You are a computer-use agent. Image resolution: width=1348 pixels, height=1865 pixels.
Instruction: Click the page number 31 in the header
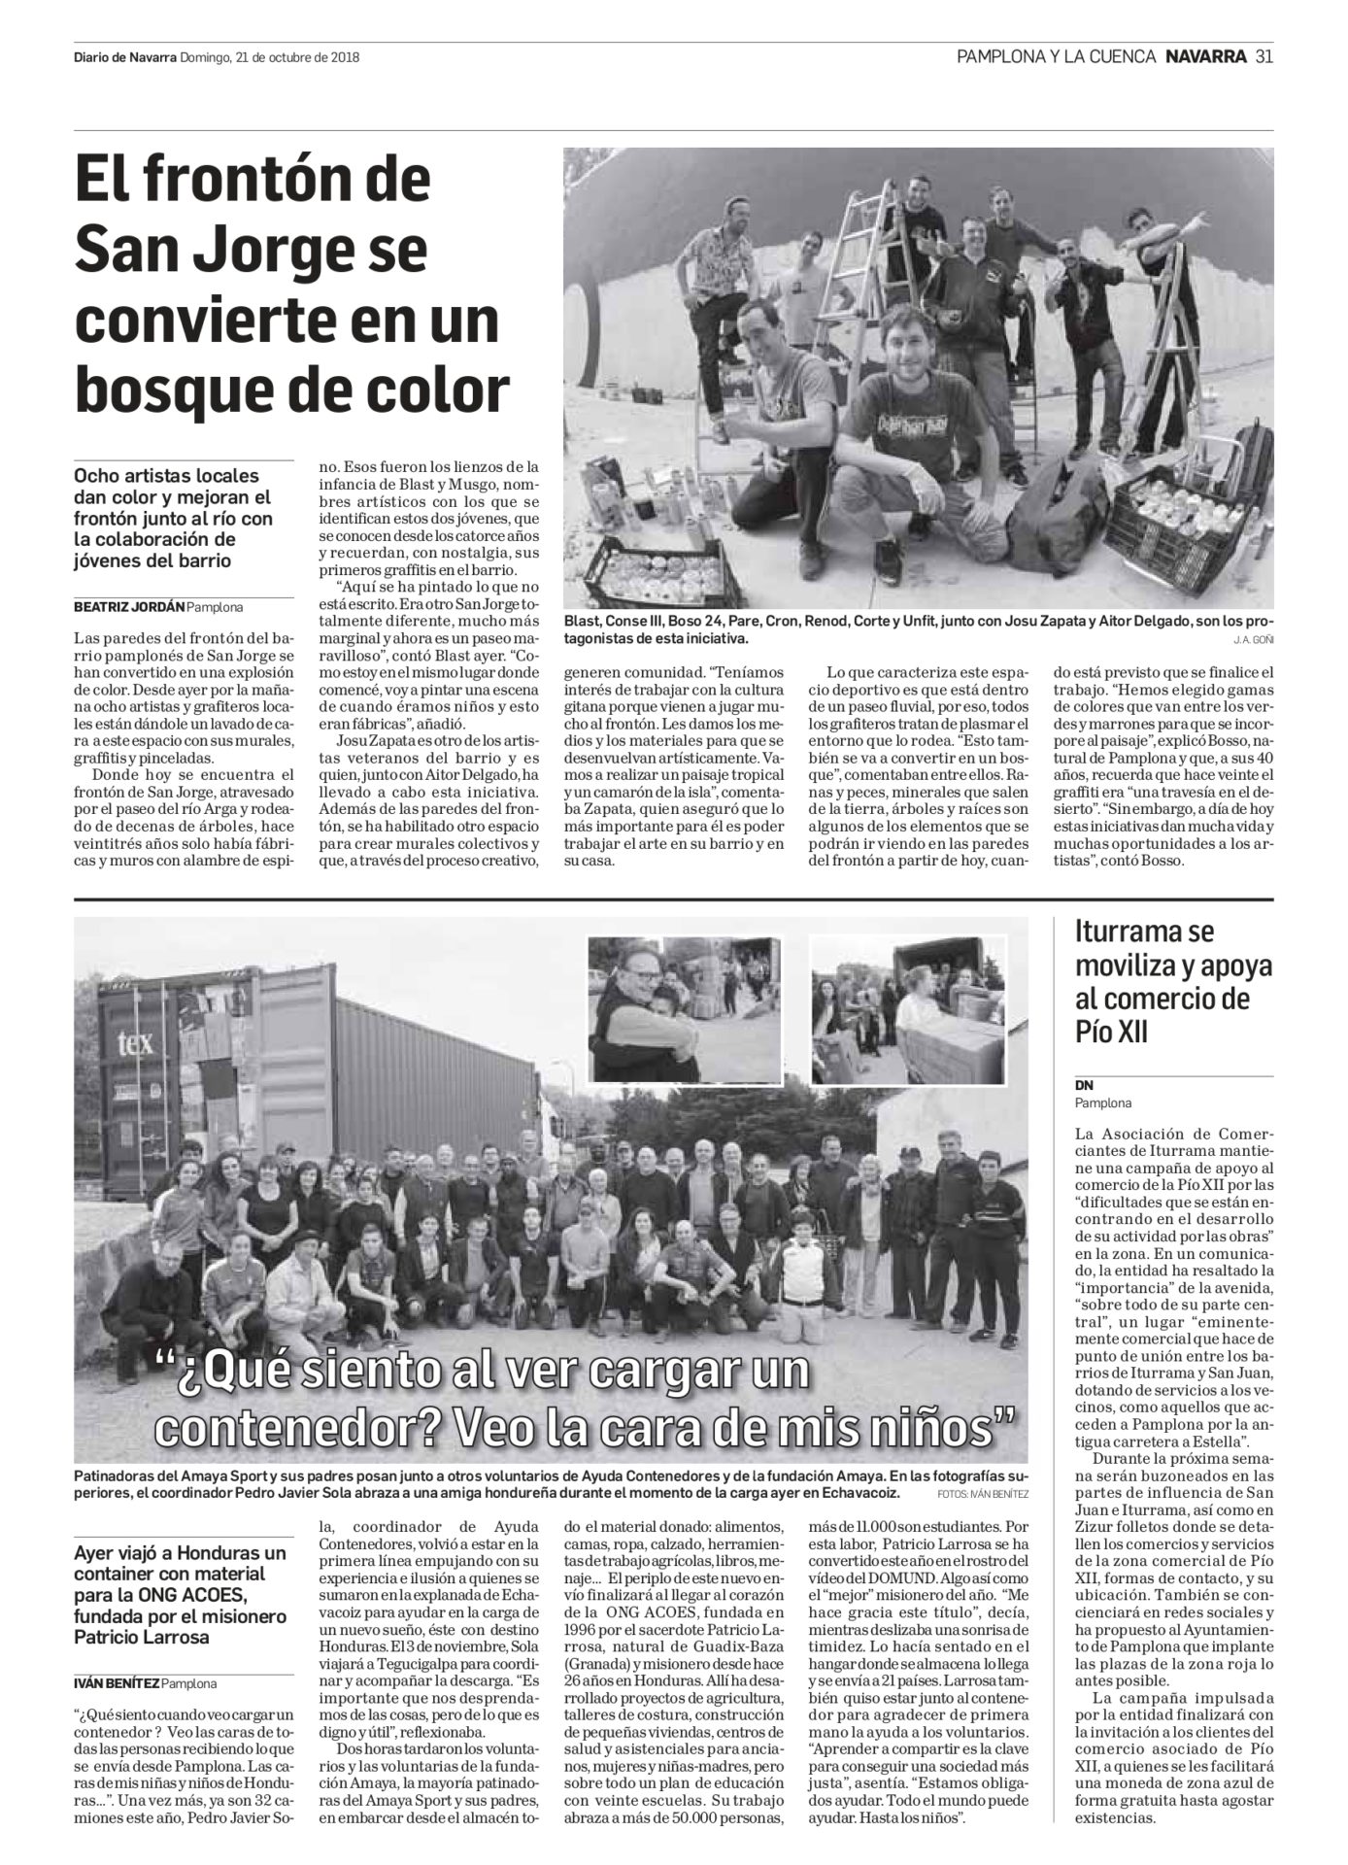(x=1264, y=56)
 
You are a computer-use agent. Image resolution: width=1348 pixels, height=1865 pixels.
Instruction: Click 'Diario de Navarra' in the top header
(x=124, y=57)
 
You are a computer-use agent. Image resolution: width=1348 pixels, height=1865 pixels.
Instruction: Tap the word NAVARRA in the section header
(x=1206, y=56)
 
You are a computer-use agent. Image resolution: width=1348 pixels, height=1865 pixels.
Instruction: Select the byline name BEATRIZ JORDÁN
(x=128, y=608)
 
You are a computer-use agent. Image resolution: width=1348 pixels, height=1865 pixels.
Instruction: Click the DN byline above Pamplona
(x=1084, y=1086)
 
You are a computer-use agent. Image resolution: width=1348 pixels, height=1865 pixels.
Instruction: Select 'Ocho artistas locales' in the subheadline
(x=167, y=477)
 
